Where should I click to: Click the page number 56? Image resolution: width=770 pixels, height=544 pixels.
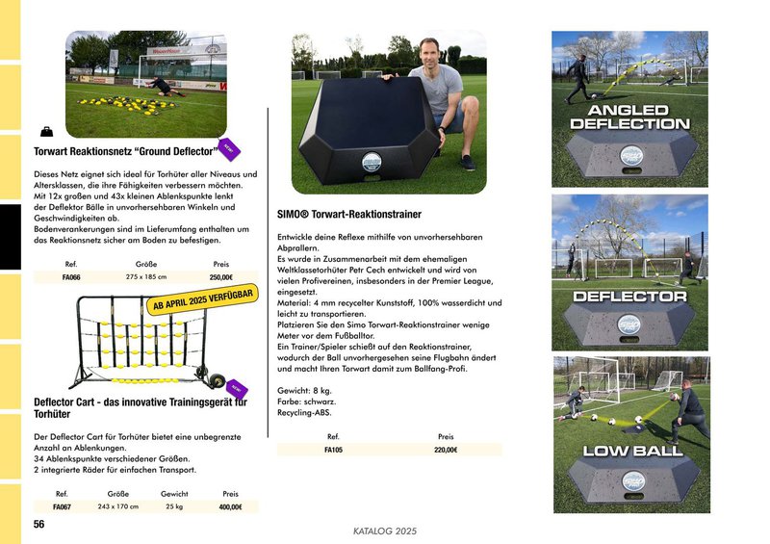(x=39, y=524)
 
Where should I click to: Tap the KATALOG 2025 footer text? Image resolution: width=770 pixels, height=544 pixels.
(x=385, y=530)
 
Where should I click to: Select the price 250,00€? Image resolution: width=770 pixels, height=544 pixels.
(x=221, y=277)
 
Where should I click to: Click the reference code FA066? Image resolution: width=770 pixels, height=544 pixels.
(x=71, y=277)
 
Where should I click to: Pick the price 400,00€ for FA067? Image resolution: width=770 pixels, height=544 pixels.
(x=230, y=506)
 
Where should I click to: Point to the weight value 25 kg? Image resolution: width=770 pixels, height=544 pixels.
(x=174, y=506)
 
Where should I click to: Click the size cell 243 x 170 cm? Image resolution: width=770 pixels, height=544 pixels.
(x=118, y=506)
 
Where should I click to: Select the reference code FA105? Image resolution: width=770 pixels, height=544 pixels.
(x=333, y=450)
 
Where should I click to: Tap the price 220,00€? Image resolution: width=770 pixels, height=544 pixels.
(x=446, y=450)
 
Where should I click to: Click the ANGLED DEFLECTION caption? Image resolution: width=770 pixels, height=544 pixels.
(x=629, y=117)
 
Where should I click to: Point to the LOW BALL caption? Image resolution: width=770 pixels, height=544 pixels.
(x=630, y=451)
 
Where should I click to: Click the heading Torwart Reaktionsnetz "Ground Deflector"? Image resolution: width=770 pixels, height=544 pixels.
(x=123, y=152)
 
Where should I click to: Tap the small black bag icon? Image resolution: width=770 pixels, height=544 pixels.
(x=47, y=131)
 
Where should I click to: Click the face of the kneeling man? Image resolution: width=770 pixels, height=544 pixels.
(x=427, y=51)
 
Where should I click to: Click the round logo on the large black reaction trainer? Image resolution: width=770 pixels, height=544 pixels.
(x=372, y=163)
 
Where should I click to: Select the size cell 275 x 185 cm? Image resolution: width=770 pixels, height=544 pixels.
(x=146, y=277)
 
